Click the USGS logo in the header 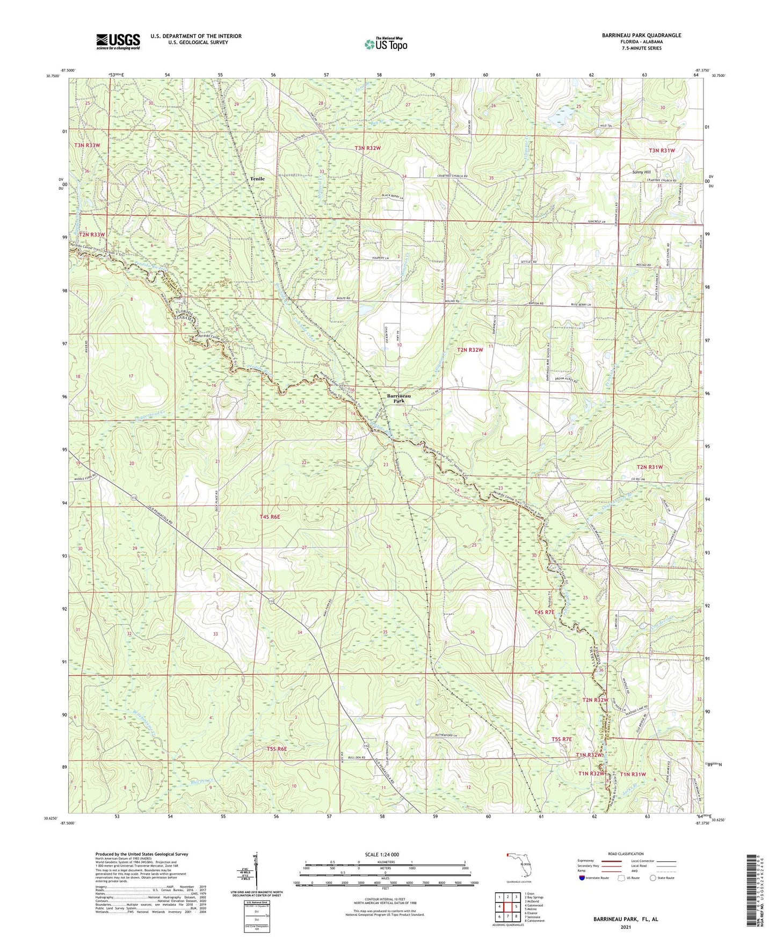[118, 41]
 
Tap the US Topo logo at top [385, 44]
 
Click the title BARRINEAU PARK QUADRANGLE [641, 35]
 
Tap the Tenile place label [257, 178]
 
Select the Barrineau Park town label [399, 398]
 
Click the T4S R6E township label [270, 516]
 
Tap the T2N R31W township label [650, 467]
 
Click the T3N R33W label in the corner [87, 145]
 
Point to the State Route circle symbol [653, 878]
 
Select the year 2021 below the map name [625, 927]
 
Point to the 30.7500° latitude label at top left [53, 76]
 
